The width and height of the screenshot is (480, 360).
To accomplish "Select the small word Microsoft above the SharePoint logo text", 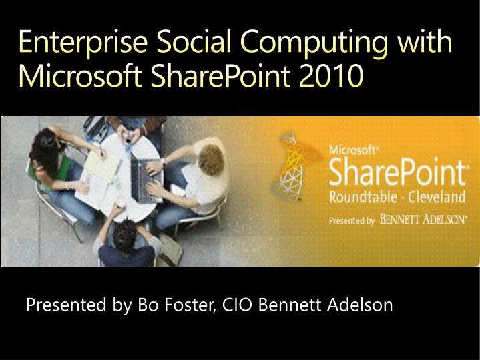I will tap(348, 150).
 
